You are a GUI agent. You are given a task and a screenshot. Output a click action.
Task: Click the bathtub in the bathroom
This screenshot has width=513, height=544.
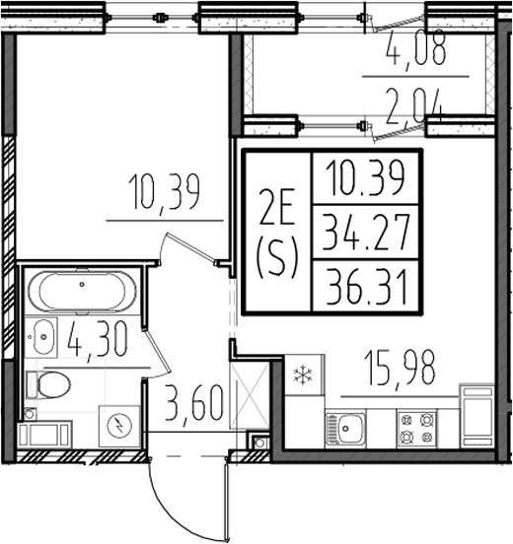click(77, 292)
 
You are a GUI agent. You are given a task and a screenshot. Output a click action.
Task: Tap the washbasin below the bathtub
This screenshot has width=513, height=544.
click(42, 338)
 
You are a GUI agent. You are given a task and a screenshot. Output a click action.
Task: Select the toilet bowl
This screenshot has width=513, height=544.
click(49, 383)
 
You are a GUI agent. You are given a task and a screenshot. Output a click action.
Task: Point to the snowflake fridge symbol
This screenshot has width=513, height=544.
click(301, 374)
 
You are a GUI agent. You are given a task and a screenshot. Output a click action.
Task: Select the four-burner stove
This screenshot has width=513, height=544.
click(414, 427)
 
